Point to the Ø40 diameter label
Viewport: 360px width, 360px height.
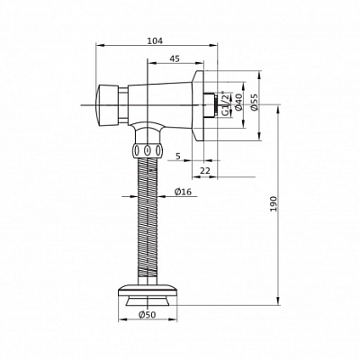pos(238,103)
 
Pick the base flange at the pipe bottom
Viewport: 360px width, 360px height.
pos(148,292)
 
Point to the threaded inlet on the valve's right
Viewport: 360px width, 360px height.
pos(213,103)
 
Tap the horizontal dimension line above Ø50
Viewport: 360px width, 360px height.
pos(148,304)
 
